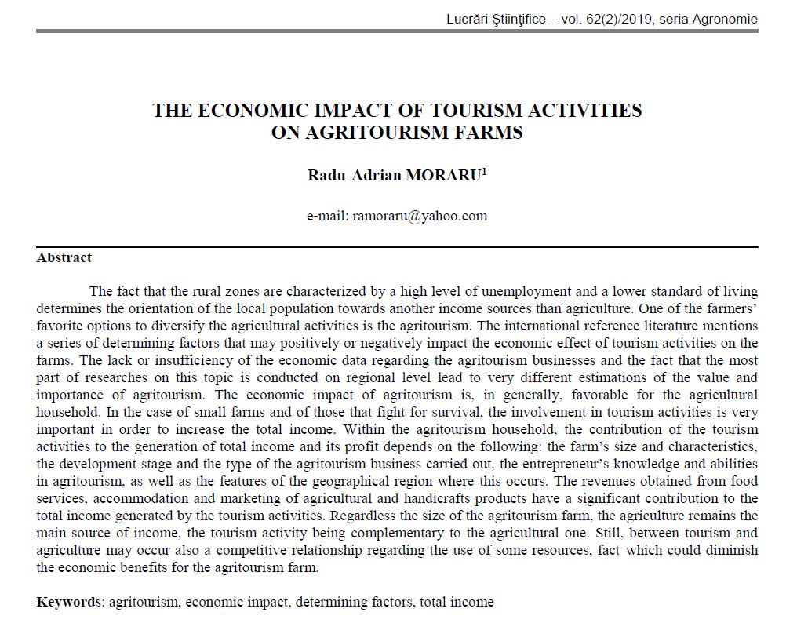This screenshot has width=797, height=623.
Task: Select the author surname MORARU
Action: [442, 175]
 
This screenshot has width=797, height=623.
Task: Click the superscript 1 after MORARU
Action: [485, 171]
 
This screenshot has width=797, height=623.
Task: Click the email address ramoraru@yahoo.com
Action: [420, 216]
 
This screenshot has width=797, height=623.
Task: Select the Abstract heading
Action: [64, 257]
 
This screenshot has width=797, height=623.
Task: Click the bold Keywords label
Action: [69, 602]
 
